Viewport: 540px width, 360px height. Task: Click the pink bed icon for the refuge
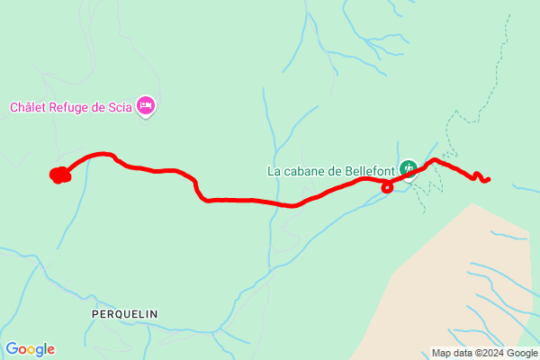pos(146,107)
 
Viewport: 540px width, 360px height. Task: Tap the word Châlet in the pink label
pos(29,107)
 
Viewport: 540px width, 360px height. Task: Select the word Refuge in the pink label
pos(74,107)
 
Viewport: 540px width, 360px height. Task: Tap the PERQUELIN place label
pos(124,313)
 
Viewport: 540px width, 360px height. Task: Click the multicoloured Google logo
pos(30,349)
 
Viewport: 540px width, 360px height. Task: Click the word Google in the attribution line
pos(518,353)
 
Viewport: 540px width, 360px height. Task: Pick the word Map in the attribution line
pos(441,353)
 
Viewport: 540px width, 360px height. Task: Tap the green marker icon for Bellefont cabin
pos(409,168)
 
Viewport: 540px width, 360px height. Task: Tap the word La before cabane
pos(274,169)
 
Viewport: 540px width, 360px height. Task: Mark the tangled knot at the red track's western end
pos(59,175)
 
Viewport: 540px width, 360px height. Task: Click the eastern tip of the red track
pos(488,180)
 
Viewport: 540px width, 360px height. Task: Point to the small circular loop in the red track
pos(387,187)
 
